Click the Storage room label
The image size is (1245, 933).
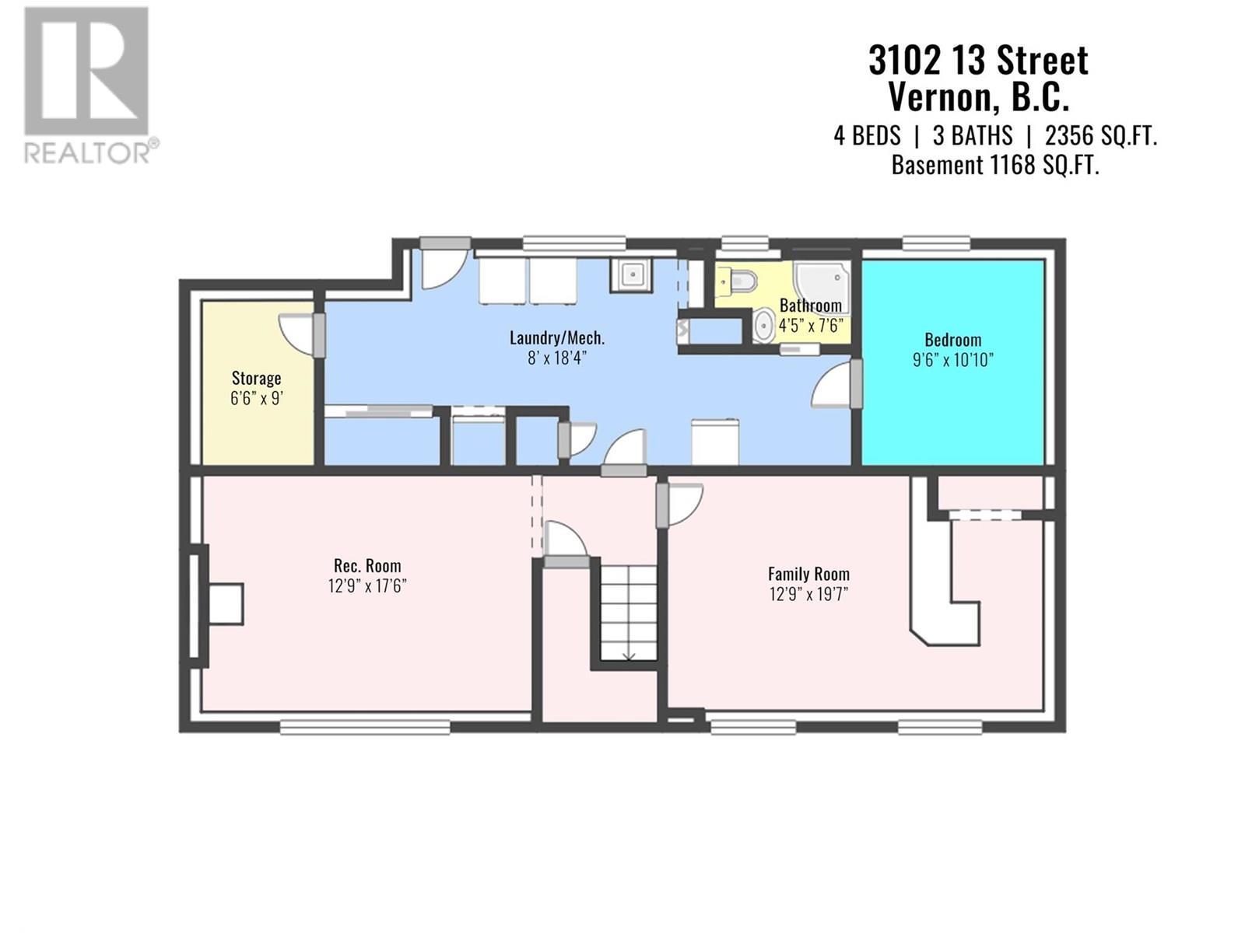point(256,378)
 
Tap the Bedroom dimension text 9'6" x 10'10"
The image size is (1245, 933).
point(953,360)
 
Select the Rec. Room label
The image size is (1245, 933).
point(367,565)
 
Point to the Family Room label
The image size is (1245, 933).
point(808,574)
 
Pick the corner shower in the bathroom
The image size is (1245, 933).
point(822,289)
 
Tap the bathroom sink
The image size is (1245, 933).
point(764,325)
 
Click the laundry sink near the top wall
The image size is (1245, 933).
point(631,275)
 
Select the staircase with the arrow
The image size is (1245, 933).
point(629,613)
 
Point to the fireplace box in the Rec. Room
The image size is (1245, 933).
point(226,604)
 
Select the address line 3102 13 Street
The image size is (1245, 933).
point(978,61)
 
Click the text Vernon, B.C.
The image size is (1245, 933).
point(978,97)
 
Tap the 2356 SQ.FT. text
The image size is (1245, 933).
point(1101,136)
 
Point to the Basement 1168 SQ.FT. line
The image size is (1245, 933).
point(995,166)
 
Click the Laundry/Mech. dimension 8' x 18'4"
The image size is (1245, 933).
point(556,358)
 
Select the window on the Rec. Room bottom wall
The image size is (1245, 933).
point(365,727)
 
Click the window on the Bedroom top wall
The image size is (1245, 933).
point(936,243)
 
